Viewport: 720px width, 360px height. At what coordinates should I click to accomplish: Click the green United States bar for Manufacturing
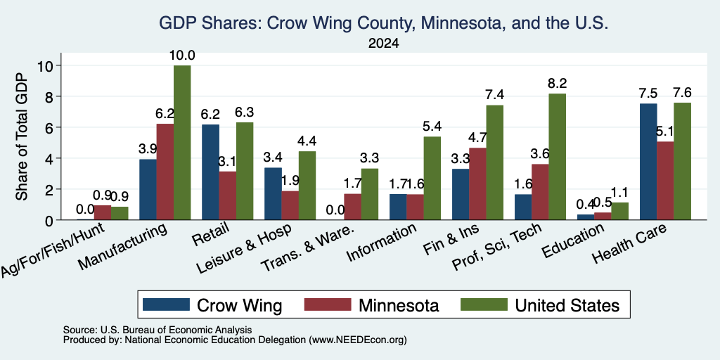(x=182, y=142)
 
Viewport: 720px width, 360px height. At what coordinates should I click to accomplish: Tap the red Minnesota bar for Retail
(x=228, y=195)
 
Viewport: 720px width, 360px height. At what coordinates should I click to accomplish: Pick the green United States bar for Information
(x=432, y=178)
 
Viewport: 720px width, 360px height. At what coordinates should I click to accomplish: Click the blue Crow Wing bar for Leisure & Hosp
(x=273, y=194)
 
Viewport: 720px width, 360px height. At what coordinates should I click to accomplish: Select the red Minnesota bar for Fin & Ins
(x=477, y=184)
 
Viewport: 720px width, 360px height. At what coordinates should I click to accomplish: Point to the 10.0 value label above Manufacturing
(x=182, y=56)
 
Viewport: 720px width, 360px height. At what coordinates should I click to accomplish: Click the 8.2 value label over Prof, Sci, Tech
(x=558, y=84)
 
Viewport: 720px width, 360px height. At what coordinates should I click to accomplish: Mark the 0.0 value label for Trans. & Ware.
(x=335, y=210)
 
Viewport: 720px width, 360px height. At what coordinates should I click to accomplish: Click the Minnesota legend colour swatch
(x=328, y=304)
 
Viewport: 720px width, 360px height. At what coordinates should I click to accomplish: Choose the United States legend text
(x=567, y=305)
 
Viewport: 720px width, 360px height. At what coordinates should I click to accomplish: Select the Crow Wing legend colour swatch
(x=166, y=304)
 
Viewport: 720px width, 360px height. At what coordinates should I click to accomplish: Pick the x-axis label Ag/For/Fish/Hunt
(x=53, y=250)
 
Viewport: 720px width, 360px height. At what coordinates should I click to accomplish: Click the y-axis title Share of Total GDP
(x=22, y=136)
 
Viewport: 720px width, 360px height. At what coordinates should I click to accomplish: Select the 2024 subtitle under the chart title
(x=383, y=44)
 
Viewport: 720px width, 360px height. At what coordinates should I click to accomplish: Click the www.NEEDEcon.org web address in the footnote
(x=359, y=340)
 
